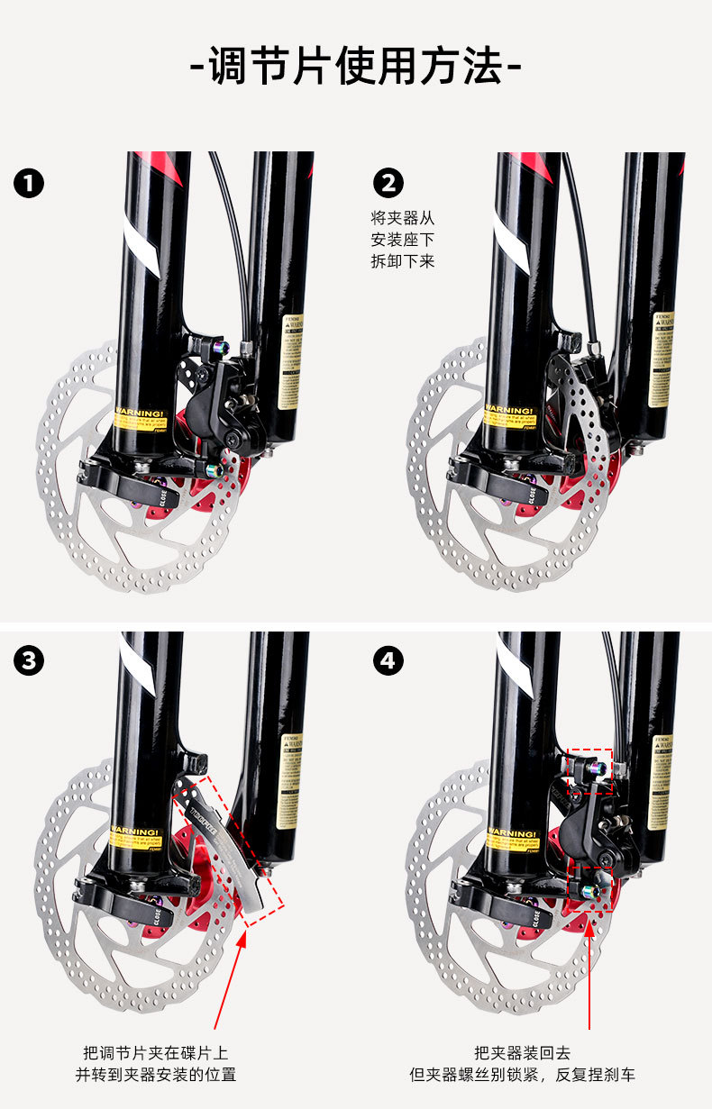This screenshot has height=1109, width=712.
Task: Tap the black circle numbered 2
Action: [388, 184]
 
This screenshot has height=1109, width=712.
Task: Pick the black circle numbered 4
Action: [388, 661]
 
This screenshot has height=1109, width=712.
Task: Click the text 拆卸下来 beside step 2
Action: [402, 262]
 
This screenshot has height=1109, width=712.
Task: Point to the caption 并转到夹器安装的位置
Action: [156, 1075]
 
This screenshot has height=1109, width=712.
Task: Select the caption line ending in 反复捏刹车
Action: [523, 1075]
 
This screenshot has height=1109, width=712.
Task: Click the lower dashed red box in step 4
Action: [591, 884]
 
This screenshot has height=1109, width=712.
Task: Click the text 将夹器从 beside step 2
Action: [402, 218]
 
